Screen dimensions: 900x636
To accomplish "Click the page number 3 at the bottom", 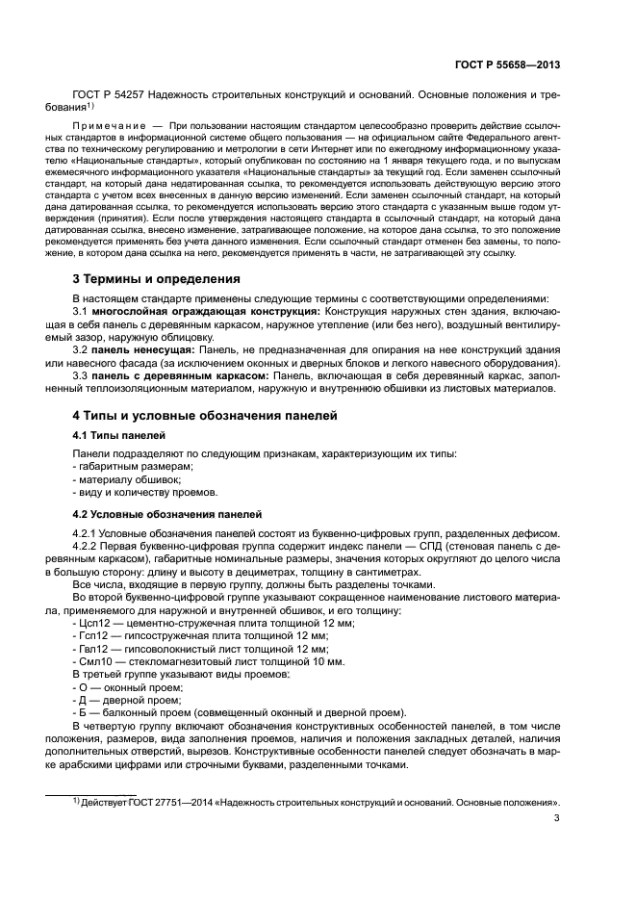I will [557, 819].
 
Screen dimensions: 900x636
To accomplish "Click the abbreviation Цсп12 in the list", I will [93, 624].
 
